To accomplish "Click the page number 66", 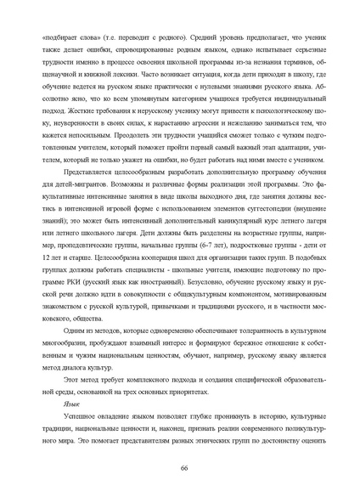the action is click(x=183, y=469).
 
